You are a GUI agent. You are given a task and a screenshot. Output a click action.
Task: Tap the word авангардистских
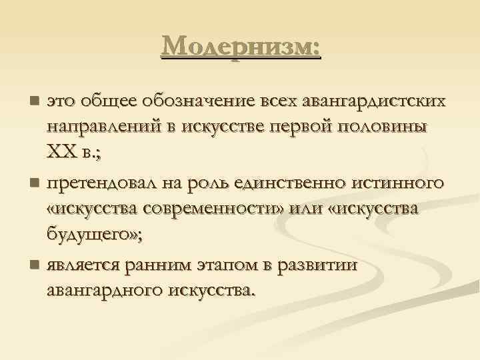pyautogui.click(x=373, y=101)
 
